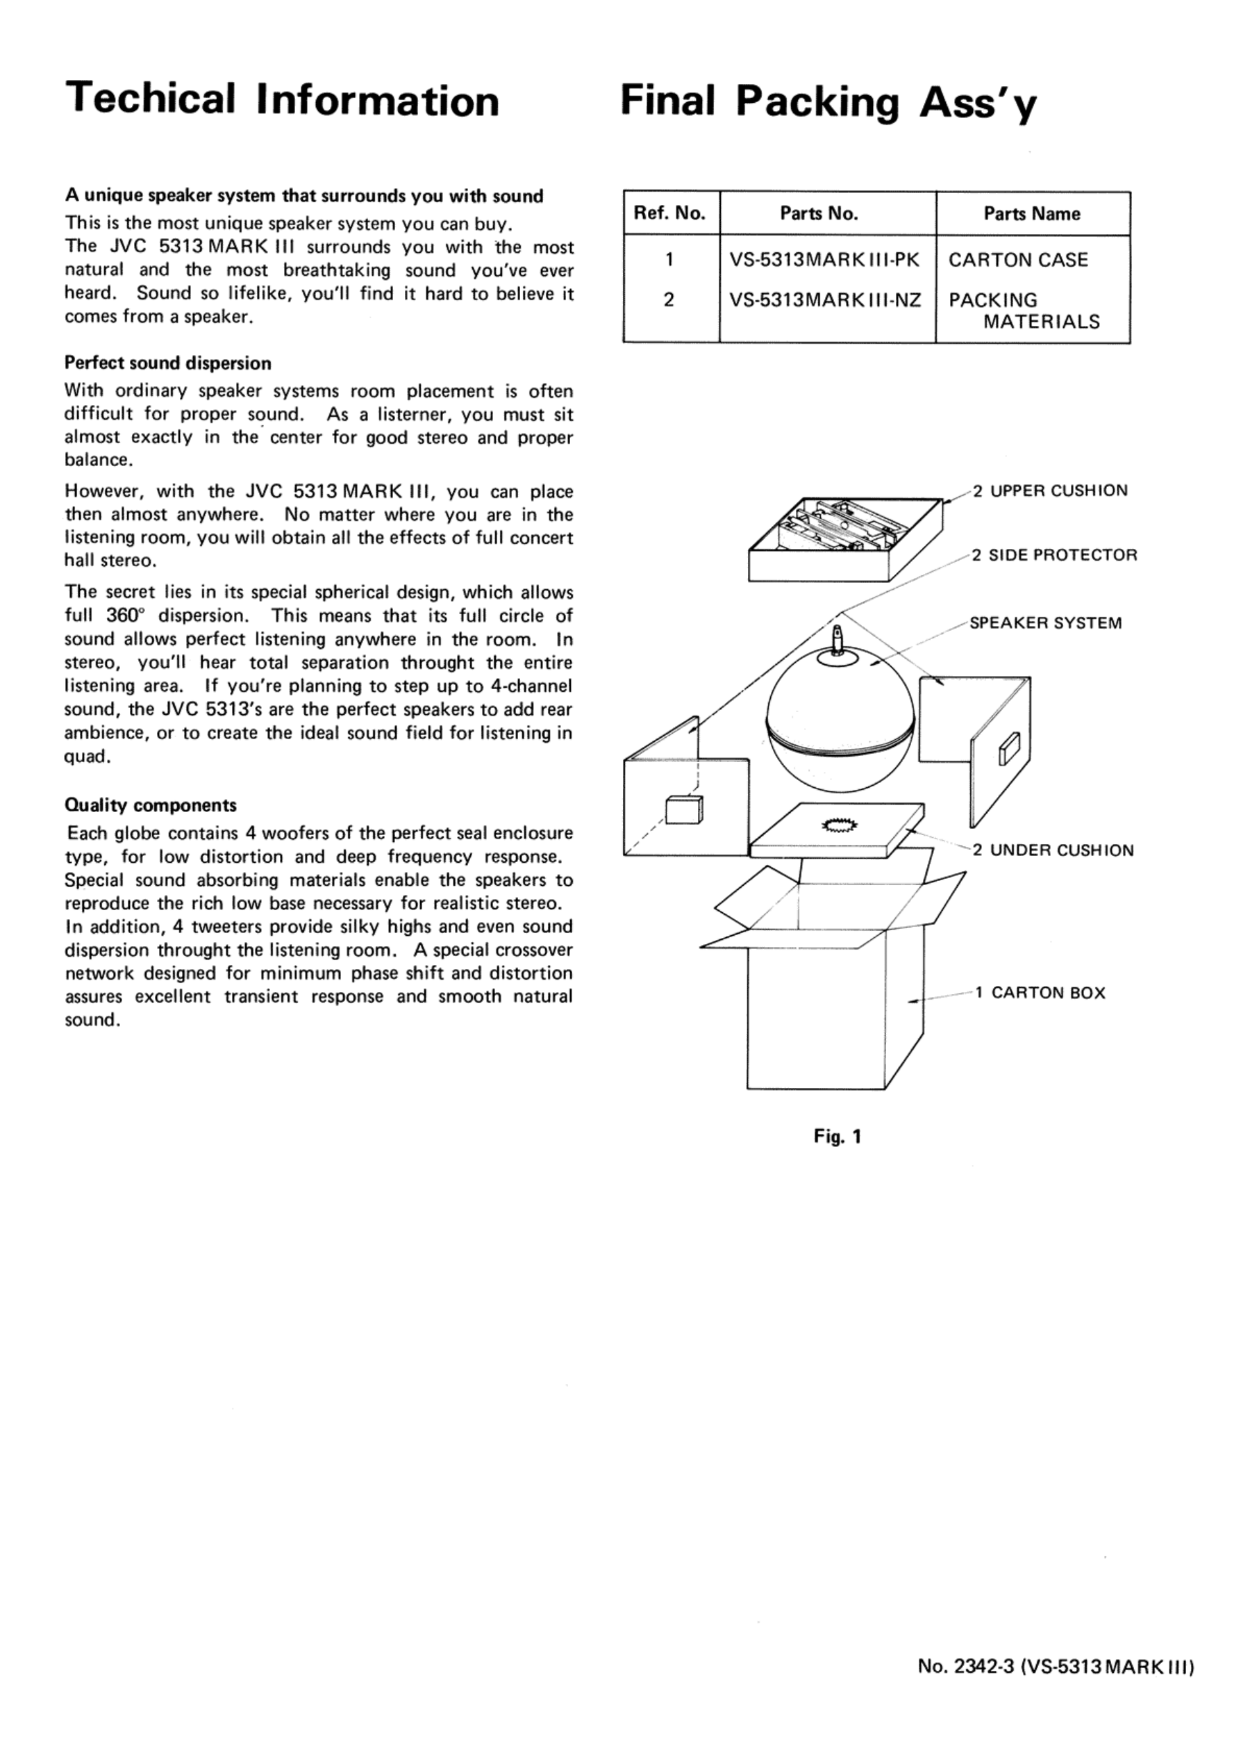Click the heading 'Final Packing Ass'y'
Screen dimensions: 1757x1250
click(828, 101)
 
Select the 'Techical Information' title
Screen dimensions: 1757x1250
click(282, 100)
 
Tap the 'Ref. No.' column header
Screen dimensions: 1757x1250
click(669, 213)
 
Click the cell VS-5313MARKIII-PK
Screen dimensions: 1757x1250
click(824, 261)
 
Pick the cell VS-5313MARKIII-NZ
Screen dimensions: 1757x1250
click(825, 299)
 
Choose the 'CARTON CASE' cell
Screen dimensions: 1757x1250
click(1017, 261)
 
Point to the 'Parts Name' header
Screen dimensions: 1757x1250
click(1031, 213)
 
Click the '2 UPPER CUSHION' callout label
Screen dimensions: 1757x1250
click(1050, 490)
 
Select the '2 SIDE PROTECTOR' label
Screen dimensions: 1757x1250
click(1053, 555)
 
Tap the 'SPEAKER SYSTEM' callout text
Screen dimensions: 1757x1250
click(1045, 623)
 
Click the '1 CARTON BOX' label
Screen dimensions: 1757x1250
click(1040, 993)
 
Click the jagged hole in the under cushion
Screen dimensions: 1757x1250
click(840, 826)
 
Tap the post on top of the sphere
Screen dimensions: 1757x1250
click(838, 639)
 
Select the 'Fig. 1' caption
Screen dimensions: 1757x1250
click(837, 1137)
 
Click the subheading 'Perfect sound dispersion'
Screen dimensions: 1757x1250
click(168, 363)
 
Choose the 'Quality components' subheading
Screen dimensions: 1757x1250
click(150, 805)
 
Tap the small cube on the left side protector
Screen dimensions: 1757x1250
click(683, 810)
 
